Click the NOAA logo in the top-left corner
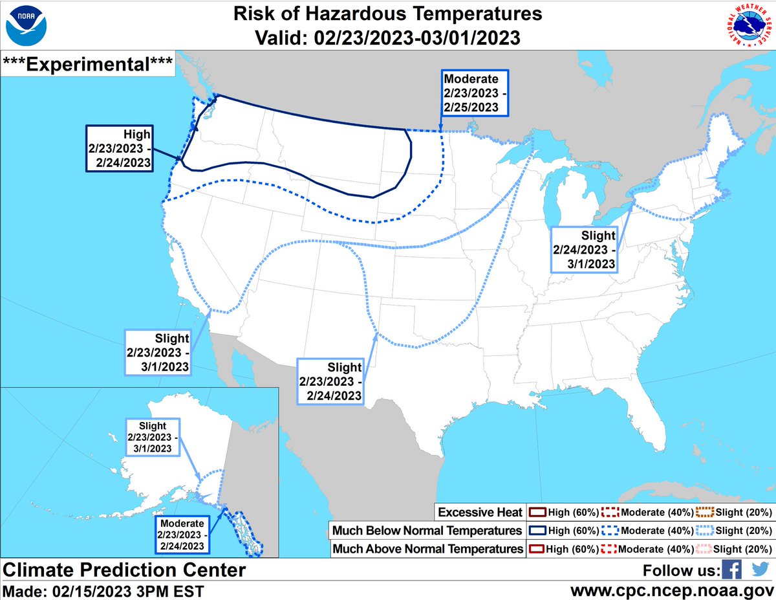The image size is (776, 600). point(25,25)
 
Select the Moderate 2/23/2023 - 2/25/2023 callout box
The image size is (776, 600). point(475,93)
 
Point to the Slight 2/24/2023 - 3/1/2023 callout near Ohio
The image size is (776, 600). point(584,249)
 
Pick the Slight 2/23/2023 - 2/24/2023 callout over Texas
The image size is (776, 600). point(330,380)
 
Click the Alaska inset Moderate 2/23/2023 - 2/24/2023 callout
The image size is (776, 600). point(184,535)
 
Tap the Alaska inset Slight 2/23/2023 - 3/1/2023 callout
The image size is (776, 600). point(152,437)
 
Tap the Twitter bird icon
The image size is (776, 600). point(760,570)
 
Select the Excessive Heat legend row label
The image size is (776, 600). point(480,513)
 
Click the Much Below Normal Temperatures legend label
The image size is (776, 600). point(427,531)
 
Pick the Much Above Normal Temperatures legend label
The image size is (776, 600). point(427,549)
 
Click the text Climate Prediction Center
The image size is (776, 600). point(125,570)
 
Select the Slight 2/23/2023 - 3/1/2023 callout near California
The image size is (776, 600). point(158,352)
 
